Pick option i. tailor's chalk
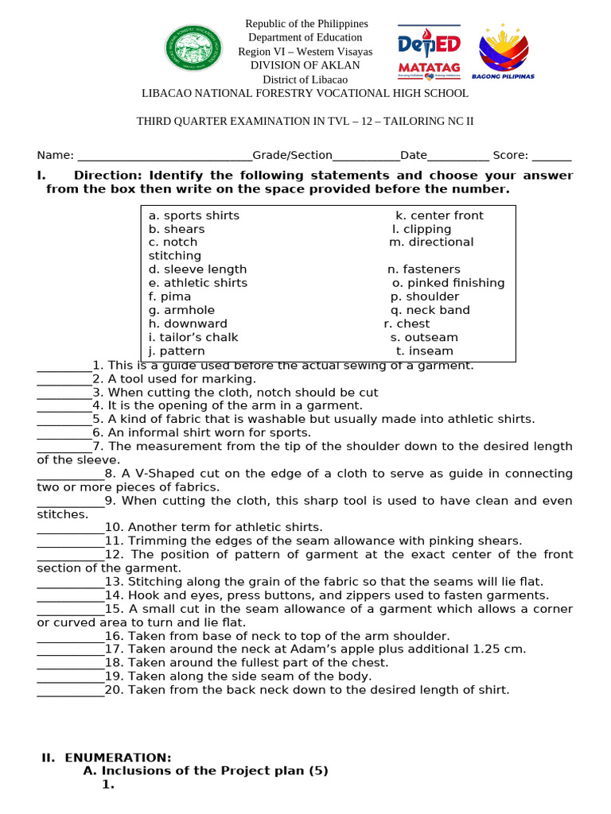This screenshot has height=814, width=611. tap(193, 337)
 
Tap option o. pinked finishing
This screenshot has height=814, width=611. tap(449, 283)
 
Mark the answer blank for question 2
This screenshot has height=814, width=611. tap(64, 380)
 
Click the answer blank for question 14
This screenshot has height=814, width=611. tap(70, 596)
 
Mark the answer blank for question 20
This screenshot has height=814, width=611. tap(70, 691)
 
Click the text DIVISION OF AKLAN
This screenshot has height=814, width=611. tap(305, 65)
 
